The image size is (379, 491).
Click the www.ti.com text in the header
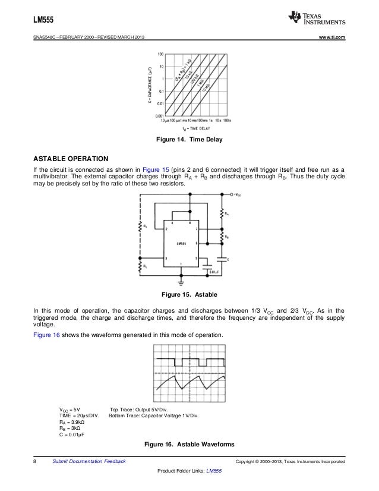click(x=331, y=39)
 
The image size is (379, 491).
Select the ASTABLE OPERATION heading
click(x=71, y=159)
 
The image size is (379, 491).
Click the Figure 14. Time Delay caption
click(x=188, y=140)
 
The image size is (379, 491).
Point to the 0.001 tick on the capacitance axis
click(x=160, y=114)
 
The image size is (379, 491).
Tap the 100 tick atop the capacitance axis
click(x=160, y=54)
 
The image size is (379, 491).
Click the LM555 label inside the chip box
click(x=182, y=243)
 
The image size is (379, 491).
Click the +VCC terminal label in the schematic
click(x=236, y=194)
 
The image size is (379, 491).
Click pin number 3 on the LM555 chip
click(x=168, y=257)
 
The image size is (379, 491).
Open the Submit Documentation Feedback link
click(x=89, y=462)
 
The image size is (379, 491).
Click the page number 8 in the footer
click(x=35, y=462)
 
